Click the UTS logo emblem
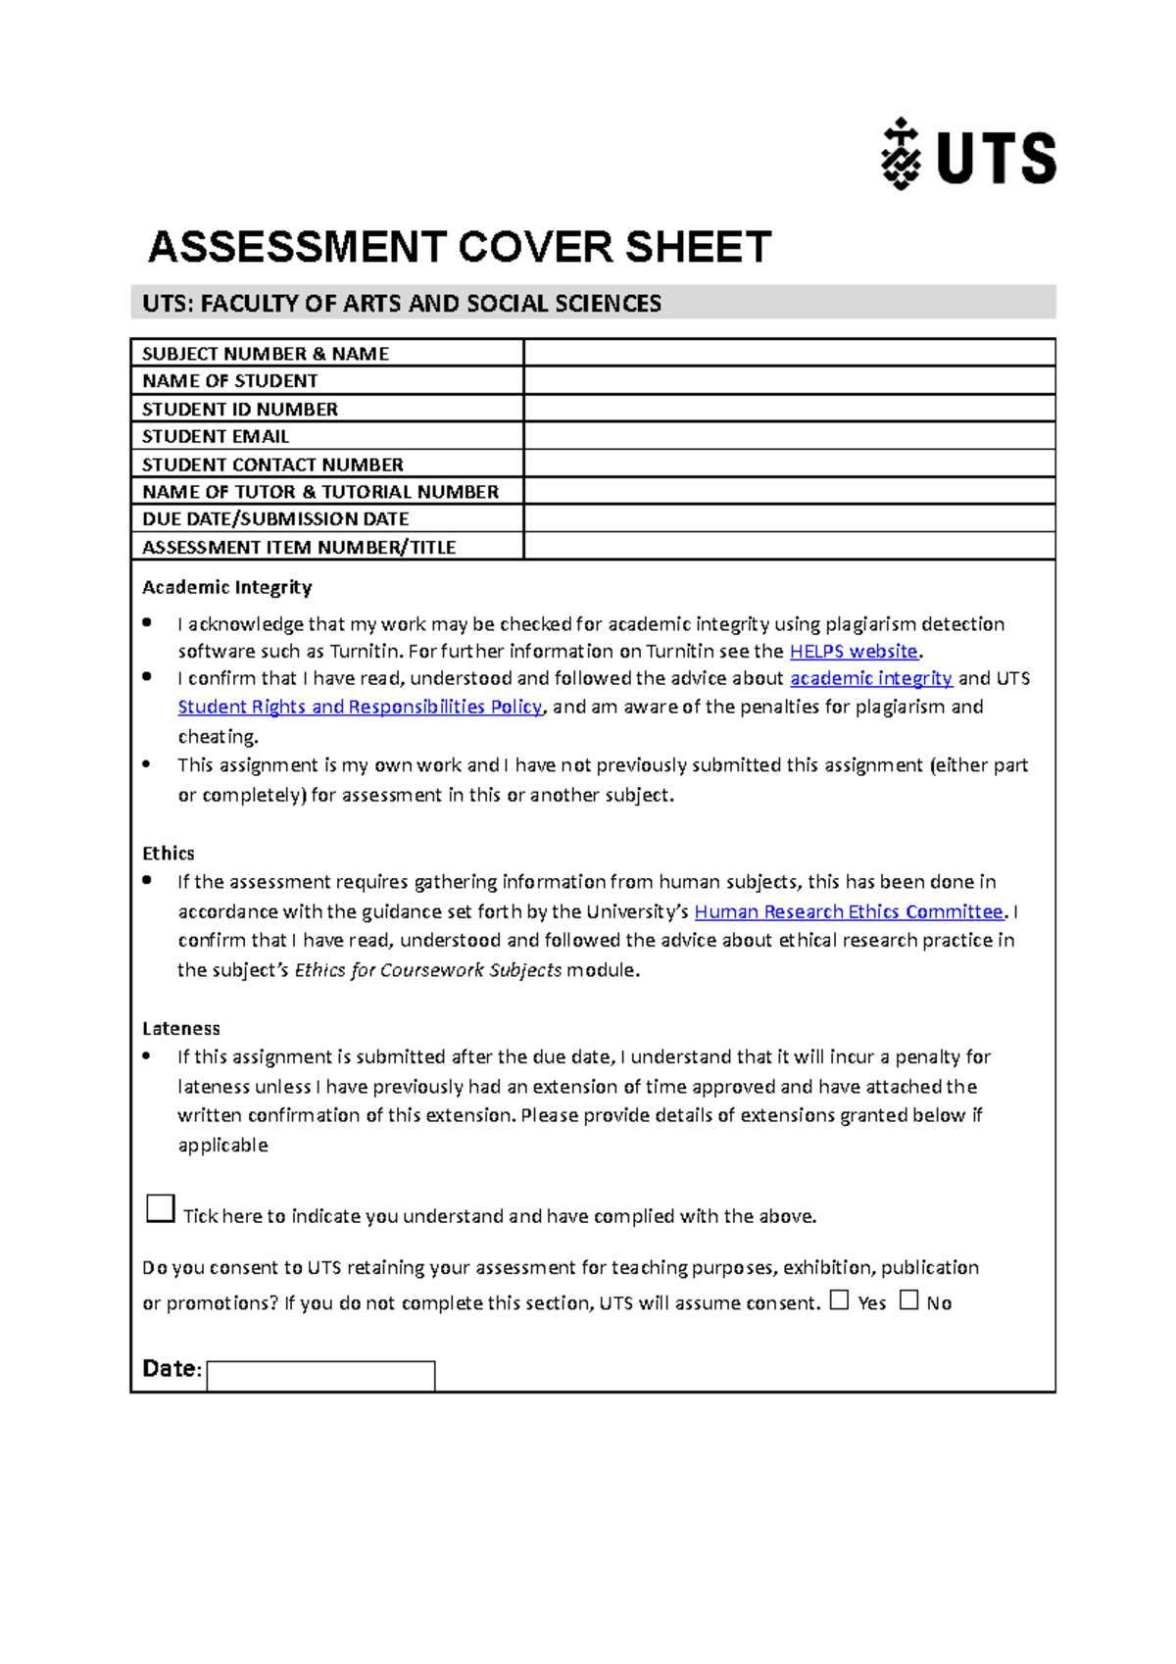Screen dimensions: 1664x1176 point(900,155)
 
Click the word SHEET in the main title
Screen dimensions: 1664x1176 point(698,247)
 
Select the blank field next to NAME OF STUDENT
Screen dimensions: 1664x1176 point(789,380)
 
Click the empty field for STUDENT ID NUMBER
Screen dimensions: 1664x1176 point(789,409)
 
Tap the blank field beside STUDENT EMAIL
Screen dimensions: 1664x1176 point(789,436)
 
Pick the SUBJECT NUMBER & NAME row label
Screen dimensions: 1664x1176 point(266,354)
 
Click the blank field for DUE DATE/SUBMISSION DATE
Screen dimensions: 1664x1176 point(789,518)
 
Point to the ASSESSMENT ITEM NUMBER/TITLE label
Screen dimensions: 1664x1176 point(299,547)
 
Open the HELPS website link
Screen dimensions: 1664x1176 point(853,652)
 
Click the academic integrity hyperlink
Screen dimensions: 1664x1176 point(870,678)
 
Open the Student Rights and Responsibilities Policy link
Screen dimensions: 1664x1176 point(360,707)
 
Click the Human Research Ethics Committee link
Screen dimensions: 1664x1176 point(849,911)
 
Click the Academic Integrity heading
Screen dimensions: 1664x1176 point(227,587)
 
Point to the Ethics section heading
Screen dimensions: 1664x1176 point(169,853)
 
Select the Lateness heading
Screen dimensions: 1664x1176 point(181,1028)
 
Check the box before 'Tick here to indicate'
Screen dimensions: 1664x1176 point(161,1208)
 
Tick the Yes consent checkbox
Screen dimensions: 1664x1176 point(839,1300)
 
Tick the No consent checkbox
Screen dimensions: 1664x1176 point(909,1300)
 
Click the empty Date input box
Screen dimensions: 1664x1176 point(320,1375)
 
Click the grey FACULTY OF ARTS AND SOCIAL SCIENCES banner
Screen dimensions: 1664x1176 point(593,303)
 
